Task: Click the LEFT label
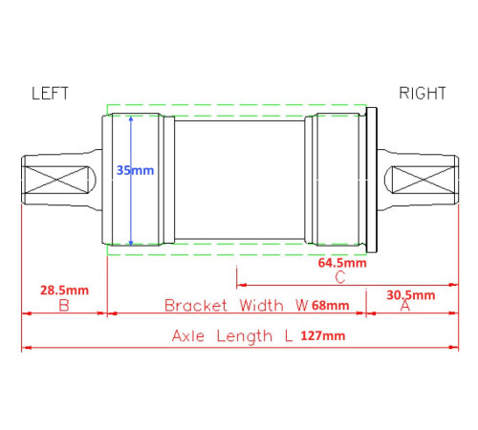click(x=50, y=94)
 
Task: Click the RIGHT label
click(x=423, y=94)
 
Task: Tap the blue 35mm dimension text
click(x=135, y=170)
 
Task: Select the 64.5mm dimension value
click(x=342, y=263)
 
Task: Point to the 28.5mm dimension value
click(x=64, y=290)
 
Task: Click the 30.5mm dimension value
click(x=411, y=295)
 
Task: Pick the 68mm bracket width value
click(x=331, y=305)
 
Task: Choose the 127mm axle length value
click(x=323, y=335)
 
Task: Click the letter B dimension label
click(x=64, y=306)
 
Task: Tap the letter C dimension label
click(x=340, y=277)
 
